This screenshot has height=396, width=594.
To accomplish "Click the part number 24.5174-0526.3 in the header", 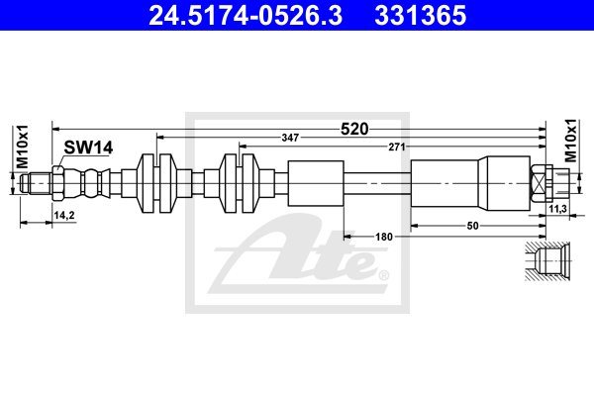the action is pos(246,15).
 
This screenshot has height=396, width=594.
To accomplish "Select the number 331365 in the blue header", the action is pos(421,15).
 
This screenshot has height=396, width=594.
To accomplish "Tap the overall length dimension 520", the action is pos(354,130).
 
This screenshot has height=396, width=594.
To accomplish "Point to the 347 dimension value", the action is pos(290,138).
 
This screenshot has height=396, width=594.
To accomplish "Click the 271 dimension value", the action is pos(397,147).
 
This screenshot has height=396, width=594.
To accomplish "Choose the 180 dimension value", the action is pos(384,237).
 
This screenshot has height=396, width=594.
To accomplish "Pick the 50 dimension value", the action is pos(473,226).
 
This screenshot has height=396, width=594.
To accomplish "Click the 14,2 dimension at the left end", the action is pos(64,215).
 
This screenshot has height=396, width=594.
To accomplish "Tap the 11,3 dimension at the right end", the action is pos(557,208).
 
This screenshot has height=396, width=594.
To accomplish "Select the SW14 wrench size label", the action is pos(88,148).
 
